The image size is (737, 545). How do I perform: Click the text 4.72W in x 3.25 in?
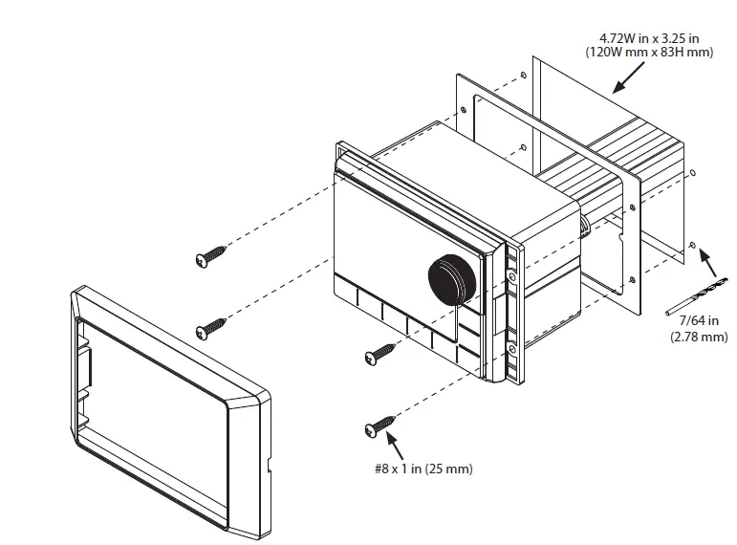(x=649, y=39)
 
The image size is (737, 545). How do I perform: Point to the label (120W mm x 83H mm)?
(x=649, y=54)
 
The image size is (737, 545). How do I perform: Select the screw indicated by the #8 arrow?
(x=379, y=425)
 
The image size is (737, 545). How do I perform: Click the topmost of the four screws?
(x=213, y=254)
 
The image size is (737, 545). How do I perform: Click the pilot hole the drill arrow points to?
(x=691, y=246)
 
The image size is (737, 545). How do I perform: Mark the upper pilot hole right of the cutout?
(x=693, y=174)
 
